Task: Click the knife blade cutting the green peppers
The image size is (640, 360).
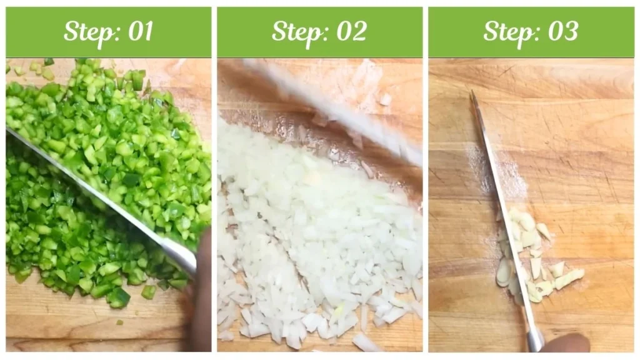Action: click(x=94, y=187)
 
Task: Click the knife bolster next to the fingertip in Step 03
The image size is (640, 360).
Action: click(x=534, y=341)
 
